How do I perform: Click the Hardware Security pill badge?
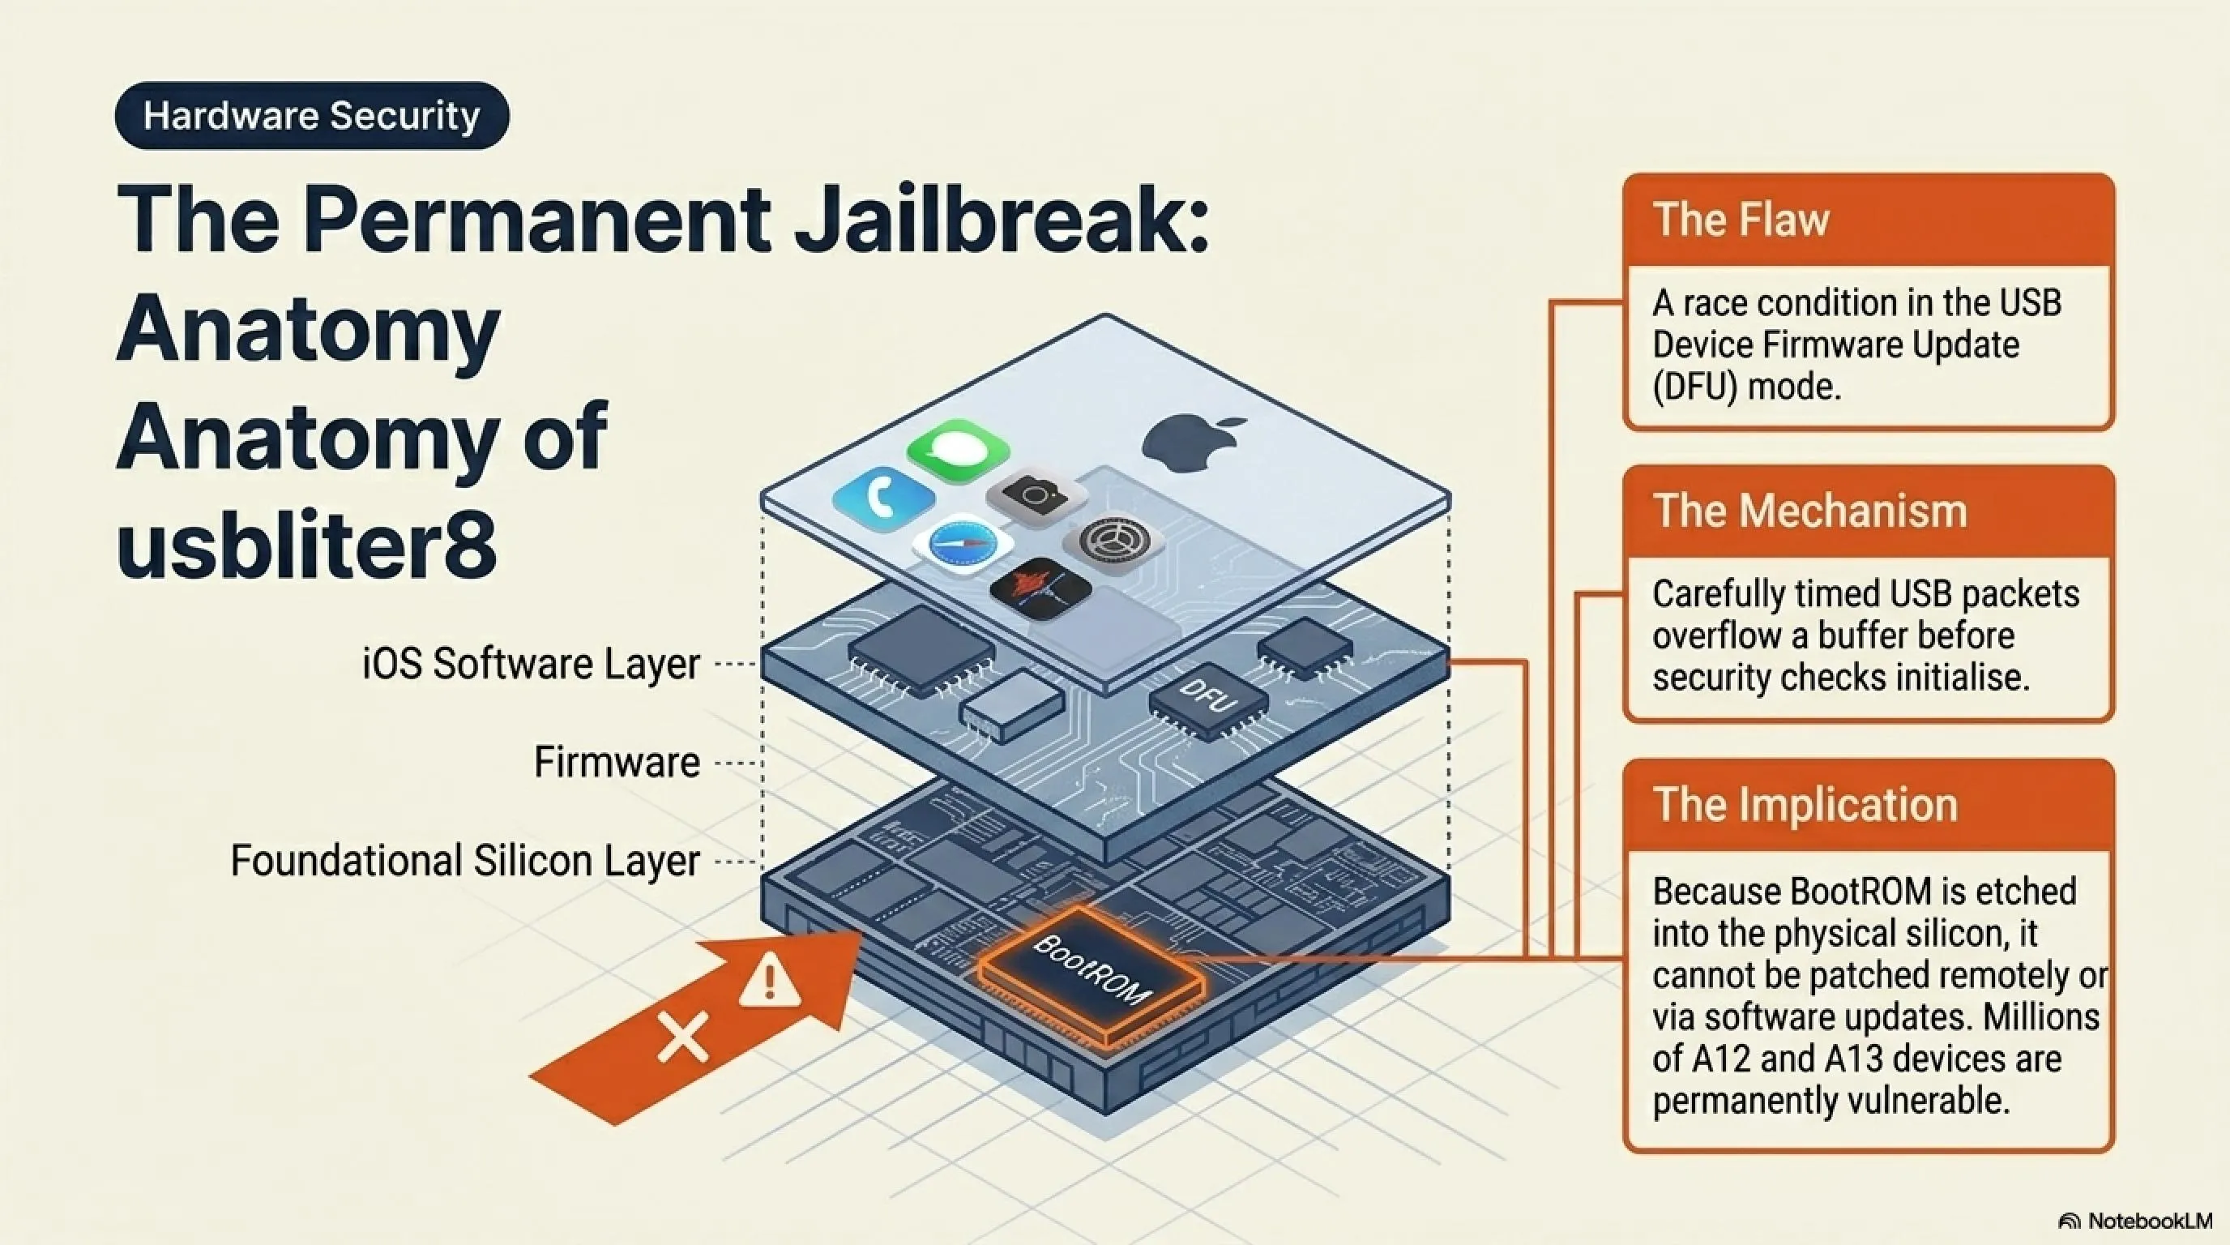tap(312, 115)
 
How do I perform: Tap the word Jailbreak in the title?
tap(1001, 218)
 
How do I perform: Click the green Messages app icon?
tap(959, 449)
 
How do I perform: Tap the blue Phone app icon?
tap(884, 497)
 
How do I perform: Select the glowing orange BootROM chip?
tap(1091, 976)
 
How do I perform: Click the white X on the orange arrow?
tap(684, 1036)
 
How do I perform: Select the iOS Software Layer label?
tap(531, 664)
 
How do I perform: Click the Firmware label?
tap(617, 763)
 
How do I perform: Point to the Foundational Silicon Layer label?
tap(465, 862)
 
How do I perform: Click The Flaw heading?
tap(1741, 219)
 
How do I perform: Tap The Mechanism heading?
tap(1810, 511)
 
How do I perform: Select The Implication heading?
tap(1805, 804)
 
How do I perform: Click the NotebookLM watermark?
tap(2134, 1221)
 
